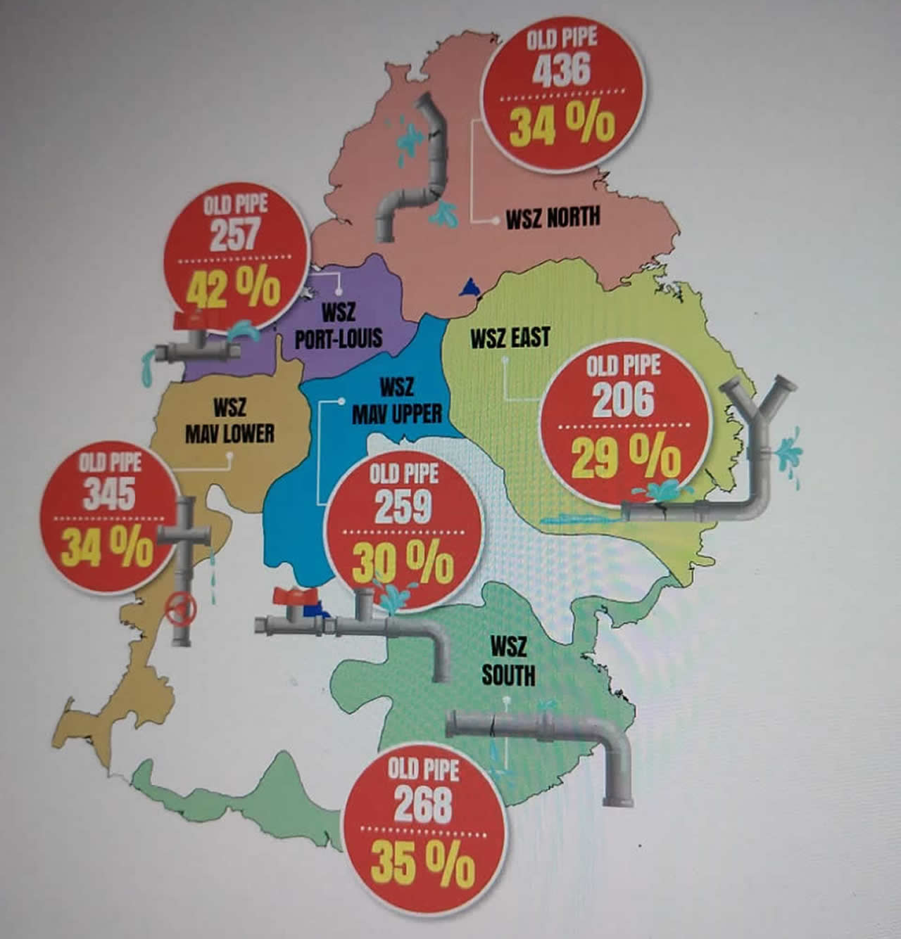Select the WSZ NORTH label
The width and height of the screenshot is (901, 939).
[553, 217]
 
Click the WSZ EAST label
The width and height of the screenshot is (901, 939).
[510, 339]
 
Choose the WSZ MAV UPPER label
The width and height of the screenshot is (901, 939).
[396, 402]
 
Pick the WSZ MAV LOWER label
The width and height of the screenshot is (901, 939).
[229, 421]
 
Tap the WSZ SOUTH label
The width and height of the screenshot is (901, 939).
[508, 660]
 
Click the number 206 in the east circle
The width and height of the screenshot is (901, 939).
[623, 400]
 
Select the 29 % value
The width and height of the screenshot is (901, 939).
[625, 458]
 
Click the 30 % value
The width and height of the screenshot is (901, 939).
[403, 563]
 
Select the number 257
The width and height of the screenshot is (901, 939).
[234, 235]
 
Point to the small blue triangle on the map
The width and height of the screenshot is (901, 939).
[467, 287]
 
